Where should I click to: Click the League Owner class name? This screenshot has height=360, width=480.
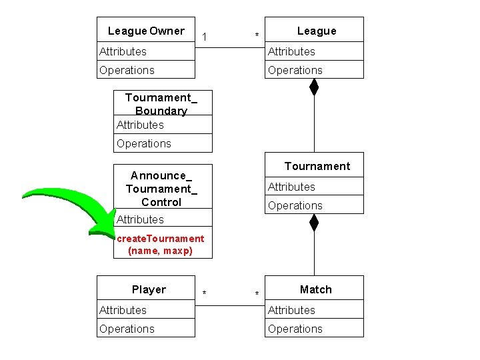146,31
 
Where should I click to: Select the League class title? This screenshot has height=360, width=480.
317,31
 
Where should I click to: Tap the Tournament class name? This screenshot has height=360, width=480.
317,166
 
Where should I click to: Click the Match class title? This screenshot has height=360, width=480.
315,289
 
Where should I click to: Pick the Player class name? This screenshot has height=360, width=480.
149,289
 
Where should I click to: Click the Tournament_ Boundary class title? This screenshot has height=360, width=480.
161,104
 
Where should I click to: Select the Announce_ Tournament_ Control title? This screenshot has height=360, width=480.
161,189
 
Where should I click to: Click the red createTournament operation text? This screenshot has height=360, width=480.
160,245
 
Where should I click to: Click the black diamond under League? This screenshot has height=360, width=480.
314,87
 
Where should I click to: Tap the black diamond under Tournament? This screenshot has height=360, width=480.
314,222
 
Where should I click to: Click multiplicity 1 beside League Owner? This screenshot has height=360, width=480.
204,35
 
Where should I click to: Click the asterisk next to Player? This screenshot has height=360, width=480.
204,294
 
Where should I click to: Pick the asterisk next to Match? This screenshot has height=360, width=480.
257,294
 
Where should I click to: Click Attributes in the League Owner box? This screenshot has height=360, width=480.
123,51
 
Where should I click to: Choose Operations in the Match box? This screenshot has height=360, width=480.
295,329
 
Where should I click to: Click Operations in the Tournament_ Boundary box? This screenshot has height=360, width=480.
143,143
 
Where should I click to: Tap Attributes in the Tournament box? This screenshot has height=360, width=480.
291,187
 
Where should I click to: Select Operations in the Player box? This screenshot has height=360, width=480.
127,329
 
